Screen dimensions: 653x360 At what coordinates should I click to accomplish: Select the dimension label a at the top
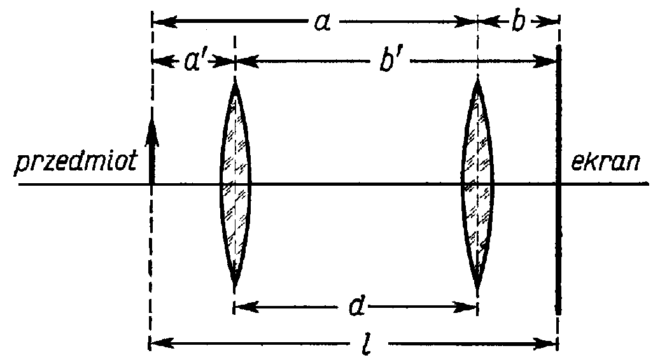click(321, 23)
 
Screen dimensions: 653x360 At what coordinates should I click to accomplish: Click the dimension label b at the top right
click(517, 23)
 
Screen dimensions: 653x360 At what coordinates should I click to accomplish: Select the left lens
click(235, 185)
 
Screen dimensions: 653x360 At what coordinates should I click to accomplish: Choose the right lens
click(477, 185)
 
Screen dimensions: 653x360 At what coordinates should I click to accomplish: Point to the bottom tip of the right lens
click(477, 290)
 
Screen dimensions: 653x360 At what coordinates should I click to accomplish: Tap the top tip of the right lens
click(477, 78)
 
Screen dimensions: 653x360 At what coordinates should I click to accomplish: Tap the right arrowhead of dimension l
click(552, 346)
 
